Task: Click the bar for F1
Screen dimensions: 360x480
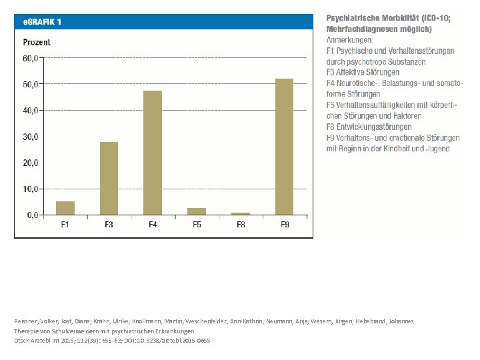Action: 65,208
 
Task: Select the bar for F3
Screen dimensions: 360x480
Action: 109,179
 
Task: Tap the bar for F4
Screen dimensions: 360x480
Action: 153,153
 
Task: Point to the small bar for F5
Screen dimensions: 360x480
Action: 197,211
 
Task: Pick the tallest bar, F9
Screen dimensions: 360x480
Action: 284,147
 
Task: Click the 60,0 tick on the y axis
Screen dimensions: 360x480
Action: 31,58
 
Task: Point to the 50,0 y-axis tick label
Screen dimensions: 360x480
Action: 31,85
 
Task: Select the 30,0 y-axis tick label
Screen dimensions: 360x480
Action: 31,137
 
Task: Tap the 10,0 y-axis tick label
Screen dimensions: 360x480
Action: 31,189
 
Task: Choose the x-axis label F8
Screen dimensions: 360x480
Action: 240,225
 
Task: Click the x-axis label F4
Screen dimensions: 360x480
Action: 153,225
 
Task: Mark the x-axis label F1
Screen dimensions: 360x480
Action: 65,225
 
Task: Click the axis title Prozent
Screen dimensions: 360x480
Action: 37,42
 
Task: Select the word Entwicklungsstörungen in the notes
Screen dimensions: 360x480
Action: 381,127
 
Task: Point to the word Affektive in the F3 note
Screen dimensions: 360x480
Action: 353,72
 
